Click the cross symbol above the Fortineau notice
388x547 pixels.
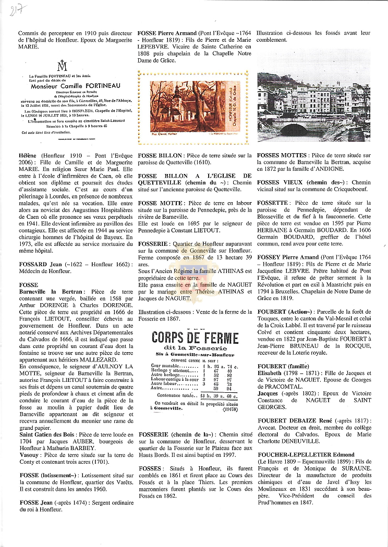tap(63, 66)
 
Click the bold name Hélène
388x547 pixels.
tap(28, 156)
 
